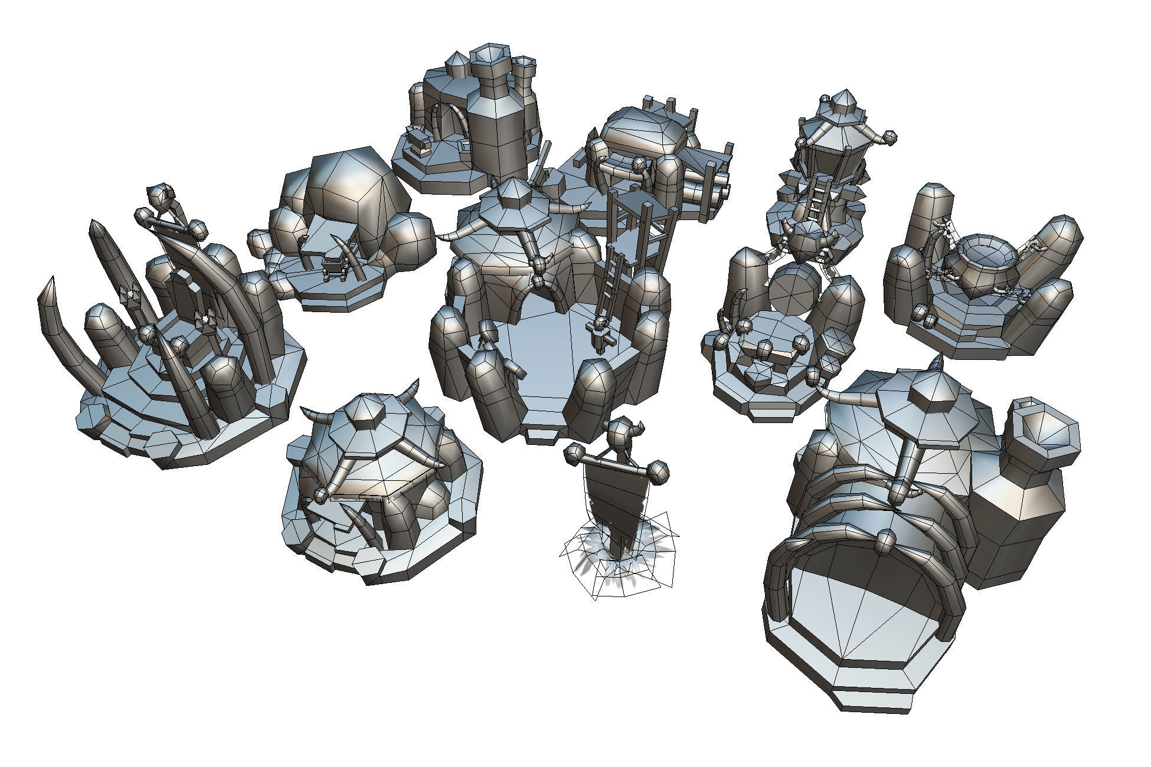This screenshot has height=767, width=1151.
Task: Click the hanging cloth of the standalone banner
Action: tap(611, 496)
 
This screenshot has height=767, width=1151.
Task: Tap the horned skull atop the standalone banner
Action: tap(620, 434)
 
